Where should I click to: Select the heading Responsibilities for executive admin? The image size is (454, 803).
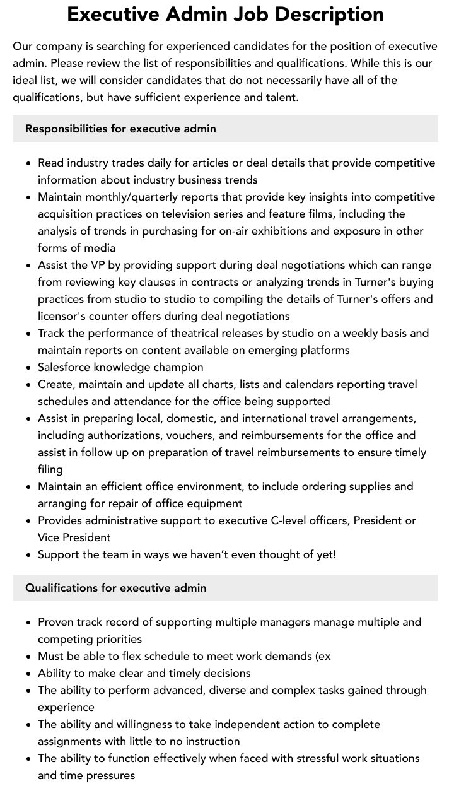[120, 129]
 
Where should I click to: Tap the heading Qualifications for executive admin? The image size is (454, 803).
[116, 588]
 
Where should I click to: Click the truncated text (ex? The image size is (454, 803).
[322, 656]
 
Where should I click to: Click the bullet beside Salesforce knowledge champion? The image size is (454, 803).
[29, 367]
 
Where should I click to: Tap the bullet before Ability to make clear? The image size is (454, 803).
[29, 673]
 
